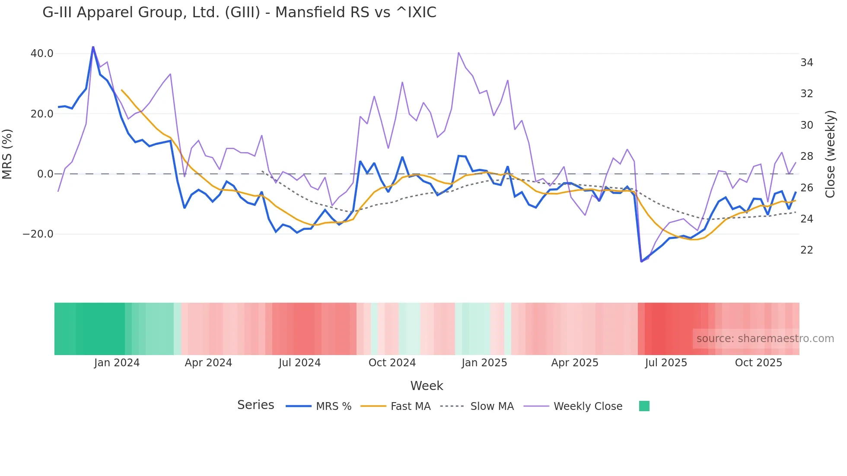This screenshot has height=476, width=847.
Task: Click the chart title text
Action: (239, 12)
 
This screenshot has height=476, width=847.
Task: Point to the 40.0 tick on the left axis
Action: (42, 54)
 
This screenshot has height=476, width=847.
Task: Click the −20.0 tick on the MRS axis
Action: (38, 234)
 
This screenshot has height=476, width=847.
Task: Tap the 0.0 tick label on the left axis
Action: (45, 174)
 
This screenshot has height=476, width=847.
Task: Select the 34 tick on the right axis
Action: (806, 63)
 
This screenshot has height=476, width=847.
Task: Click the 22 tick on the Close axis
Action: (806, 250)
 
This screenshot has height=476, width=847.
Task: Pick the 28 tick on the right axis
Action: (806, 156)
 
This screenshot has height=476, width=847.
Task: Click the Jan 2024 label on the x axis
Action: (117, 363)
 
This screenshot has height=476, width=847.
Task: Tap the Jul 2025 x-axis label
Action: (666, 363)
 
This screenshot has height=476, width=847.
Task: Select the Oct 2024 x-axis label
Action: (392, 363)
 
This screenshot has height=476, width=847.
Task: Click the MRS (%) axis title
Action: (7, 154)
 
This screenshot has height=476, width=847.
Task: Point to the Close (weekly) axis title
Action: (830, 154)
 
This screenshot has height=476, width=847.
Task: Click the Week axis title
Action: (427, 386)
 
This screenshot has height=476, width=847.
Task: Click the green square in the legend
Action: (644, 406)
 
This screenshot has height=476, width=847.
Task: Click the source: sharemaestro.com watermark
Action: (765, 339)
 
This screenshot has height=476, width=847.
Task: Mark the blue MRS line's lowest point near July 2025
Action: (641, 261)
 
